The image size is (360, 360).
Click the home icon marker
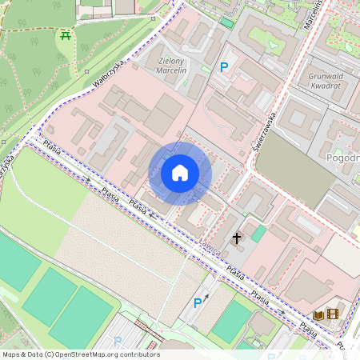pyautogui.click(x=180, y=173)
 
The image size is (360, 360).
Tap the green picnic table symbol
pyautogui.click(x=64, y=35)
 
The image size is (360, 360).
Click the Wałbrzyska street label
pyautogui.click(x=110, y=71)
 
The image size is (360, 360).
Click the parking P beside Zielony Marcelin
pyautogui.click(x=224, y=69)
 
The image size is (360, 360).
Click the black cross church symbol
pyautogui.click(x=237, y=238)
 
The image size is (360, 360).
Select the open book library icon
pyautogui.click(x=318, y=315)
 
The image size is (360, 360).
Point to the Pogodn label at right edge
pyautogui.click(x=343, y=158)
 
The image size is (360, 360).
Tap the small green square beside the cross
pyautogui.click(x=258, y=234)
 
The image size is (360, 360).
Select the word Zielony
pyautogui.click(x=171, y=60)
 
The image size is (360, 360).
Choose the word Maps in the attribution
pyautogui.click(x=12, y=354)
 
